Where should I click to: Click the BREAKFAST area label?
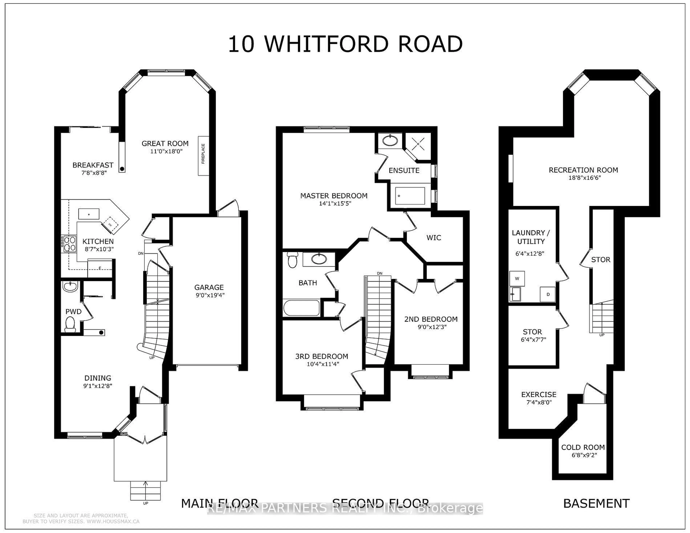pyautogui.click(x=93, y=165)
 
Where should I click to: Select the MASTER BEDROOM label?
pyautogui.click(x=334, y=196)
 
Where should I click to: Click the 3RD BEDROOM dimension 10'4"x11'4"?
pyautogui.click(x=323, y=364)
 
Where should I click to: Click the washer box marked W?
pyautogui.click(x=517, y=279)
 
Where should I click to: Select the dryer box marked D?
pyautogui.click(x=548, y=294)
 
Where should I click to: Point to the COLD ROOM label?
pyautogui.click(x=583, y=447)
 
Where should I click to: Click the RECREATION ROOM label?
pyautogui.click(x=583, y=170)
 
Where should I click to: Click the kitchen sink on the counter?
pyautogui.click(x=89, y=214)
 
